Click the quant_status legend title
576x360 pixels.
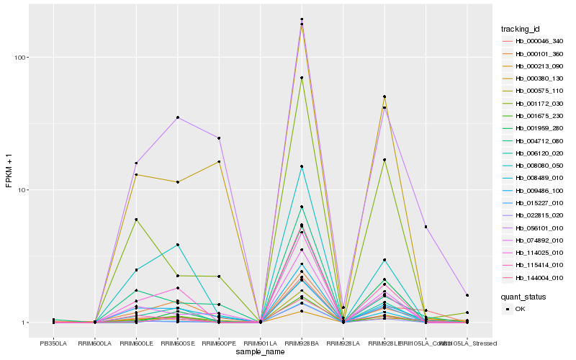tap(523, 296)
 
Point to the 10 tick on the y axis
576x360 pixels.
tap(22, 190)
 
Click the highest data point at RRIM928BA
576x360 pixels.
tap(302, 19)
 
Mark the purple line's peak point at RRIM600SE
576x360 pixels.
tap(178, 117)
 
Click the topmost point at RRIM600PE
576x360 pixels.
tap(219, 138)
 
